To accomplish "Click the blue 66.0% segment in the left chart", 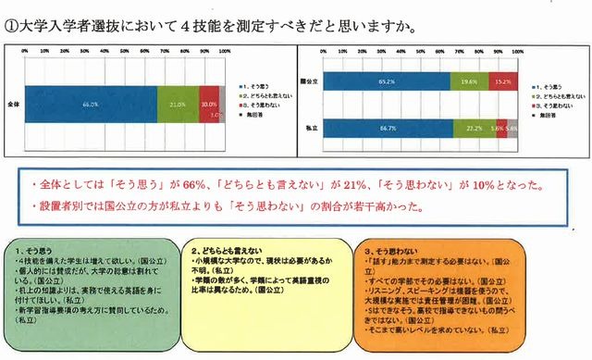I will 91,105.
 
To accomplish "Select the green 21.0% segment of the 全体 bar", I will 178,105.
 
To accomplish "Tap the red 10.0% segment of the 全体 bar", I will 209,105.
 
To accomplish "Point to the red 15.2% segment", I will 502,82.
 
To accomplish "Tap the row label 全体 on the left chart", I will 12,105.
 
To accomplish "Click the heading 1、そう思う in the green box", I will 47,252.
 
